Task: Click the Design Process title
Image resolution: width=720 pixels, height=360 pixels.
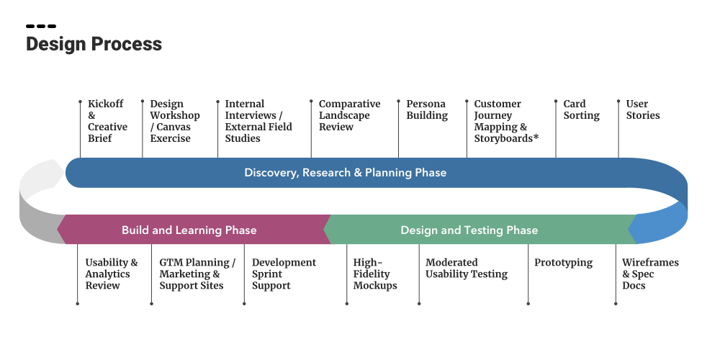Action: [94, 44]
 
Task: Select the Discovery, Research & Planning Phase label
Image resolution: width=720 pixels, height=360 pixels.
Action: [345, 173]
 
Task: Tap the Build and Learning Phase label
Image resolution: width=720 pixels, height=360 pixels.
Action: [189, 230]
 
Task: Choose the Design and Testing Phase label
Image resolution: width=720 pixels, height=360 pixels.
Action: [469, 230]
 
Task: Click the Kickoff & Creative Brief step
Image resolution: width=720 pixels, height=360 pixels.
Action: [107, 121]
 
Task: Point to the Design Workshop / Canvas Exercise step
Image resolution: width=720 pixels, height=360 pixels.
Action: [174, 121]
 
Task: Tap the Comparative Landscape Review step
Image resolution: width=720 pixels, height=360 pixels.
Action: [349, 115]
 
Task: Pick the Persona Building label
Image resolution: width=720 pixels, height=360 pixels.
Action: [427, 109]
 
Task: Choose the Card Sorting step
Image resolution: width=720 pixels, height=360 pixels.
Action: [581, 109]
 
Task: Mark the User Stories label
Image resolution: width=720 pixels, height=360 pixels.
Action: [642, 109]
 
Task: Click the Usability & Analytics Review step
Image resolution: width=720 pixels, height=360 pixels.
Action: [111, 274]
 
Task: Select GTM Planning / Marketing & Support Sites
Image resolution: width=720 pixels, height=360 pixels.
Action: [197, 274]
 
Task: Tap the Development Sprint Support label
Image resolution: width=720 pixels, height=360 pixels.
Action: [283, 274]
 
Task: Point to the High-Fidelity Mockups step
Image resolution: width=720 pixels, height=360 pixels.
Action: [374, 274]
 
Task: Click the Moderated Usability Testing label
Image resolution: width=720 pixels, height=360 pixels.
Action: [466, 269]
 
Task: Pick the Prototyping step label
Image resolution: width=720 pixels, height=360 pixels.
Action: [562, 263]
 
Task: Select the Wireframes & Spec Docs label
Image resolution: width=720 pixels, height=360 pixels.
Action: [649, 274]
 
